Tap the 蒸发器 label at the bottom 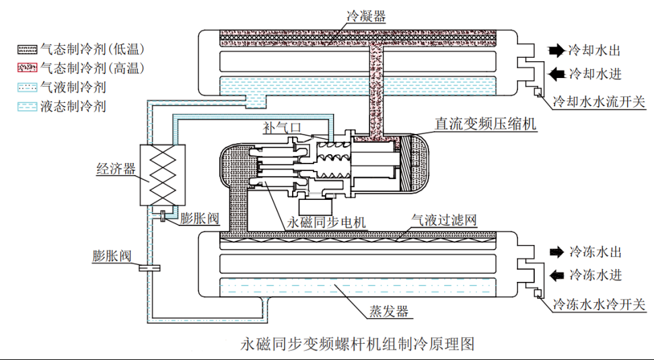(x=388, y=312)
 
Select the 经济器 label (x=114, y=170)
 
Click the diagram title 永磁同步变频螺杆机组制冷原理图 (x=357, y=344)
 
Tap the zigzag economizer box (x=161, y=175)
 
